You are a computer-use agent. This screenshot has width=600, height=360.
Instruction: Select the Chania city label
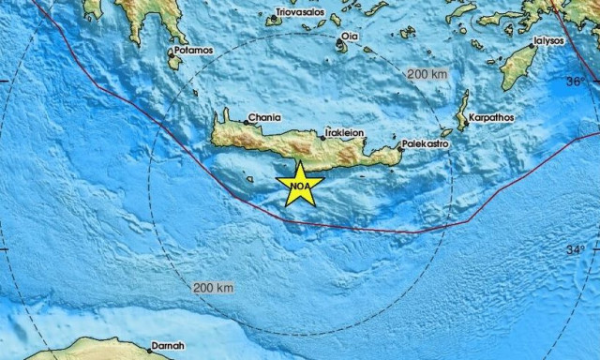click(x=262, y=119)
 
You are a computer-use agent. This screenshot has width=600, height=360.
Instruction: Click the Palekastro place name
click(x=424, y=145)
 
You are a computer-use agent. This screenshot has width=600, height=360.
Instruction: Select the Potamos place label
click(x=194, y=50)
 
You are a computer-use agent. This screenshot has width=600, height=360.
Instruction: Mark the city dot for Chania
click(x=243, y=121)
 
